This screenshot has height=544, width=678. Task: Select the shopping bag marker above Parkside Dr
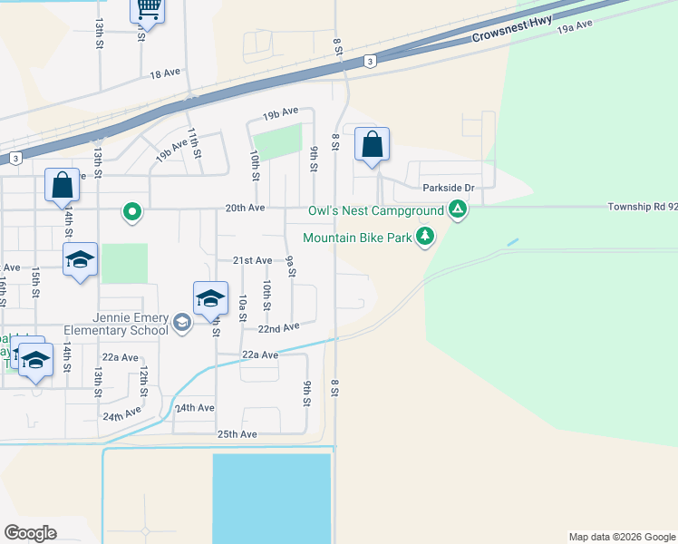pyautogui.click(x=372, y=145)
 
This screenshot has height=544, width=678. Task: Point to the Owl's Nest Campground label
pyautogui.click(x=375, y=211)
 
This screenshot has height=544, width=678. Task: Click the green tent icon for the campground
pyautogui.click(x=459, y=211)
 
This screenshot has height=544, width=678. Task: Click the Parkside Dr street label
pyautogui.click(x=449, y=189)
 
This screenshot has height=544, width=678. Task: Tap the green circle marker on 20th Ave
pyautogui.click(x=132, y=212)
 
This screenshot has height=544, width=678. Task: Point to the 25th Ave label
pyautogui.click(x=237, y=434)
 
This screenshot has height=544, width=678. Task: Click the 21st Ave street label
pyautogui.click(x=252, y=260)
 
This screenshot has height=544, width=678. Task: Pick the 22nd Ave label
pyautogui.click(x=278, y=327)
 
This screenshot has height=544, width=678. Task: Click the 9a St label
pyautogui.click(x=290, y=267)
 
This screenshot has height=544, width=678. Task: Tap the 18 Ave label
pyautogui.click(x=166, y=74)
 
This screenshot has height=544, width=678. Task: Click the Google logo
pyautogui.click(x=30, y=533)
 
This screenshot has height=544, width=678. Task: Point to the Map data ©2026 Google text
pyautogui.click(x=621, y=537)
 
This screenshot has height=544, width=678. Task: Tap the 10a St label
pyautogui.click(x=243, y=307)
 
